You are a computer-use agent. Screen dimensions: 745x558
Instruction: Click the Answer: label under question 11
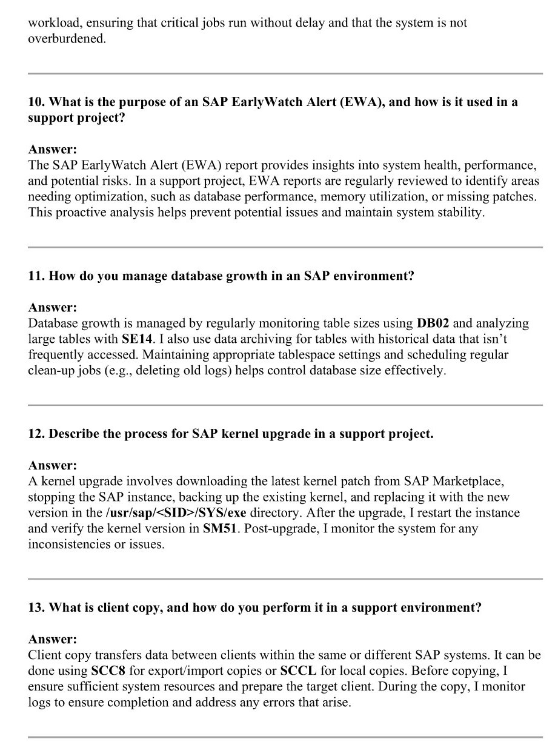[53, 308]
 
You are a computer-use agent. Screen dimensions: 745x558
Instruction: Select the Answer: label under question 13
[53, 640]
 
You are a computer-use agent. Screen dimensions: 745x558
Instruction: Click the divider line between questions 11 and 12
[285, 405]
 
